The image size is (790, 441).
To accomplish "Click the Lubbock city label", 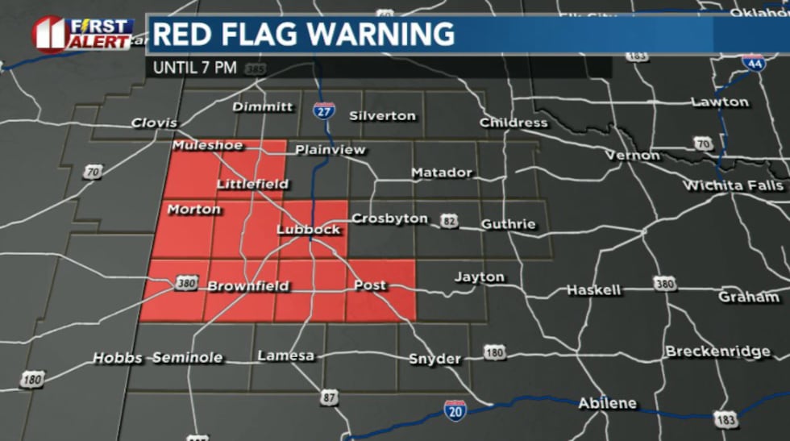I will point(309,230).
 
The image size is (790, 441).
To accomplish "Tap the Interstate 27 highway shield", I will point(324,112).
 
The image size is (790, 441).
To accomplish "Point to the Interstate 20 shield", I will point(455,410).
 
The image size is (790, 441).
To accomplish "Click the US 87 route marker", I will point(328,397).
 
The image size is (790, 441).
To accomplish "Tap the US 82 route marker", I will point(449,221).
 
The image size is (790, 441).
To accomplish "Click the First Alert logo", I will point(82,33).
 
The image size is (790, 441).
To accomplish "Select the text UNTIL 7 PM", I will point(195,68).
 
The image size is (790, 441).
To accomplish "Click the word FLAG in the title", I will point(267,35).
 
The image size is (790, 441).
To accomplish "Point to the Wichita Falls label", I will point(733,185).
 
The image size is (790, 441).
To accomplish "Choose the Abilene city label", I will point(607,403).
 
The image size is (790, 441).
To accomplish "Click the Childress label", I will point(513,123).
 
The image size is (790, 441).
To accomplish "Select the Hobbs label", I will point(118,357).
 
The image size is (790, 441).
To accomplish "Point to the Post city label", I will point(370,285).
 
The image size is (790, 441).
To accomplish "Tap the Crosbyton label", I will point(389,218).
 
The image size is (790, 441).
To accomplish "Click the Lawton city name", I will point(720,102).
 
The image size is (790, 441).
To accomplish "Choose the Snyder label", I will point(435,359).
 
